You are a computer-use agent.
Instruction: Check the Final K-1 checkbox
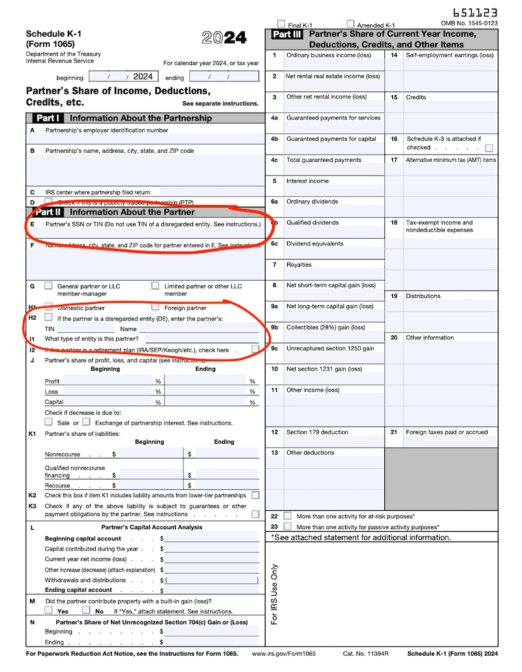click(281, 24)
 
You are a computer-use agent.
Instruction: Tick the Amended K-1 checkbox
click(350, 24)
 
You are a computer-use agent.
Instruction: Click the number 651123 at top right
click(474, 12)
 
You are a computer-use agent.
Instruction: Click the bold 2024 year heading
click(224, 38)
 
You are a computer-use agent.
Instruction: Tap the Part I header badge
click(48, 118)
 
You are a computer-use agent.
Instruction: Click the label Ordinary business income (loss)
click(328, 55)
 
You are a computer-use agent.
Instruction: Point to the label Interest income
click(307, 181)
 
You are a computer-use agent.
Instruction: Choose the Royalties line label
click(299, 265)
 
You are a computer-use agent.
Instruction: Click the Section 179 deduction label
click(317, 432)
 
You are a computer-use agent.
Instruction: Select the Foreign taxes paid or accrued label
click(446, 432)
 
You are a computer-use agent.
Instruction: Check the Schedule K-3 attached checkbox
click(489, 148)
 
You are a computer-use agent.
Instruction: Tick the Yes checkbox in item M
click(49, 611)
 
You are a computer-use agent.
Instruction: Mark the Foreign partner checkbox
click(155, 307)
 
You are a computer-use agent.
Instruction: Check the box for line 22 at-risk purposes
click(287, 516)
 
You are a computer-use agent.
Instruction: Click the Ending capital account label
click(78, 590)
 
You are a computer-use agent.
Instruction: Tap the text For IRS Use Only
click(274, 594)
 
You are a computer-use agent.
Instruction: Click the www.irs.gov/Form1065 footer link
click(284, 654)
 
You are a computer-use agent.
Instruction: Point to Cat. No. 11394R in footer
click(365, 654)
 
